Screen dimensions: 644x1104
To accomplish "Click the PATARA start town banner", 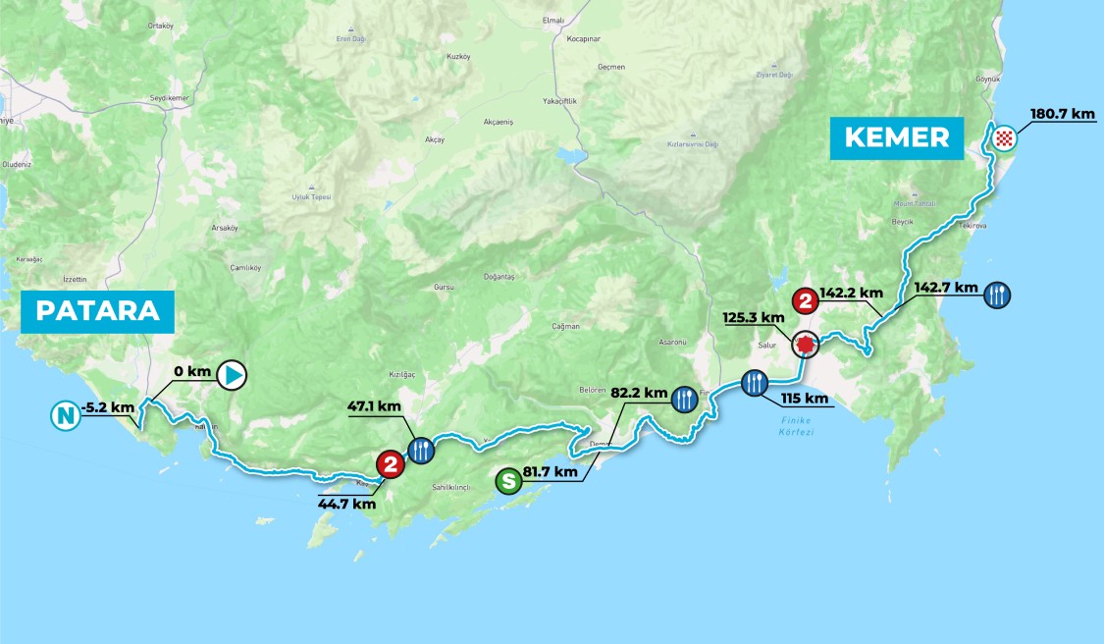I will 97,310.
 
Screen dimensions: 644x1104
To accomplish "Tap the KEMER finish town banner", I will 898,137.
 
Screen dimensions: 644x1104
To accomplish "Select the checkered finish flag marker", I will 1002,137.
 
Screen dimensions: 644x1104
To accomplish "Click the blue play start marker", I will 232,374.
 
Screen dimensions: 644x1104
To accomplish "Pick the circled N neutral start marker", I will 65,417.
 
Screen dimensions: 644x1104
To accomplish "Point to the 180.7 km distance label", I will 1062,114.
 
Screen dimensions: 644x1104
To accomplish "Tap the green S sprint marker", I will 508,481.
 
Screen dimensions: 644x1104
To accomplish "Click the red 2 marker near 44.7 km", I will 391,464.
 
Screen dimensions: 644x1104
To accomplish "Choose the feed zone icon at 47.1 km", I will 420,450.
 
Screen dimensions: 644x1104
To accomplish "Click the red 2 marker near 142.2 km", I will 806,300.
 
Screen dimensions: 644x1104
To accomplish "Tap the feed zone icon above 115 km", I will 754,382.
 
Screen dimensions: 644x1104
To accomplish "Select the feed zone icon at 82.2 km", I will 685,399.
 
